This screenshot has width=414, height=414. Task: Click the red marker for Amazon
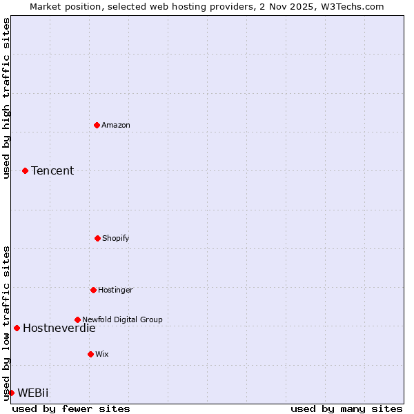point(97,125)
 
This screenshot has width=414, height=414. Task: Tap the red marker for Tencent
point(25,170)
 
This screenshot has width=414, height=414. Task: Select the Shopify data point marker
point(97,238)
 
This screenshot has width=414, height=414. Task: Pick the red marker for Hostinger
point(93,290)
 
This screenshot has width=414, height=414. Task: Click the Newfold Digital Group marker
point(77,319)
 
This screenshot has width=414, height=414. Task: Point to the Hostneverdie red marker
point(17,328)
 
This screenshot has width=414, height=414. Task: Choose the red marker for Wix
point(90,354)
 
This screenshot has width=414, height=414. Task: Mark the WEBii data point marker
point(11,393)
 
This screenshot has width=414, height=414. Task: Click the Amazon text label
point(116,125)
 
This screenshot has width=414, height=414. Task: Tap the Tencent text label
point(52,170)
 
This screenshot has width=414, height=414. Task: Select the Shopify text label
point(116,238)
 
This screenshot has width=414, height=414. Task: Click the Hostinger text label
point(115,290)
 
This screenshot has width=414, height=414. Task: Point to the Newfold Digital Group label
point(122,319)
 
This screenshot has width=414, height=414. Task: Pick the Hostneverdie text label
point(59,328)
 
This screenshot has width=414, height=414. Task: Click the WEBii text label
point(33,393)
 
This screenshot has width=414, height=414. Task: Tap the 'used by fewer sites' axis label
point(71,408)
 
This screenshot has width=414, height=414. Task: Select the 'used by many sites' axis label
point(346,408)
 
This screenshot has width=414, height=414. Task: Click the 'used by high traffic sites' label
point(6,98)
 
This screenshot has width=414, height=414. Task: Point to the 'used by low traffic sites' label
point(6,322)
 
